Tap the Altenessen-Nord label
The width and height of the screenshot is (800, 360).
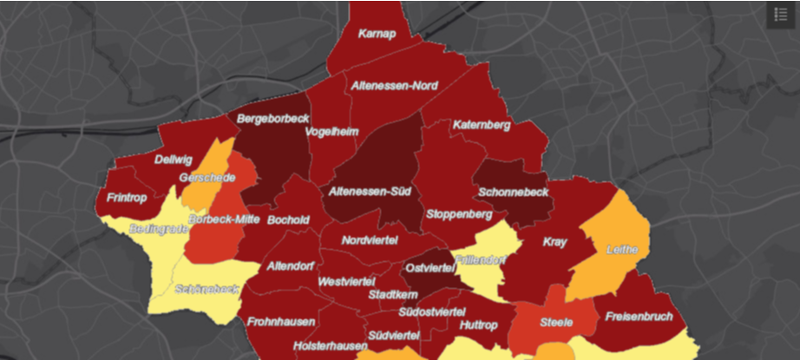(395, 86)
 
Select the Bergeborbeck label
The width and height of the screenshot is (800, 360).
(272, 118)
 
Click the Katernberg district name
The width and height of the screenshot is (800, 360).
(481, 125)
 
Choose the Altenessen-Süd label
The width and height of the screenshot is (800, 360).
(370, 191)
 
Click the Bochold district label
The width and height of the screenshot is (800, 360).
(289, 220)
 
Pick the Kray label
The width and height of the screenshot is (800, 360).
(554, 242)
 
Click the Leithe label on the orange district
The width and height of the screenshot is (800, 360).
(622, 250)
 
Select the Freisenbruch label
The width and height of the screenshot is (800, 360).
(639, 316)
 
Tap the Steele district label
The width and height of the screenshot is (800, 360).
(556, 322)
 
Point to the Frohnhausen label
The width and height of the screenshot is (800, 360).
(281, 322)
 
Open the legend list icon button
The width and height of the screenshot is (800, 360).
(781, 15)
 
